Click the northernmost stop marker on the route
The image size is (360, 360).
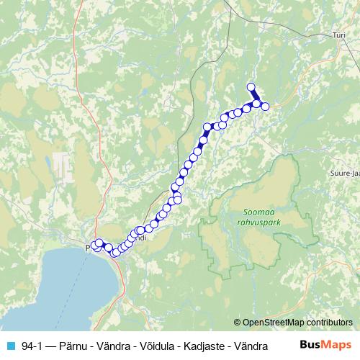[x=251, y=87]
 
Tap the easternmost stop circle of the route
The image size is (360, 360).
[x=265, y=107]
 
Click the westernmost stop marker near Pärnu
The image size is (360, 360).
[x=94, y=247]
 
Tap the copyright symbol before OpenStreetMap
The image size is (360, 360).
[x=237, y=323]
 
